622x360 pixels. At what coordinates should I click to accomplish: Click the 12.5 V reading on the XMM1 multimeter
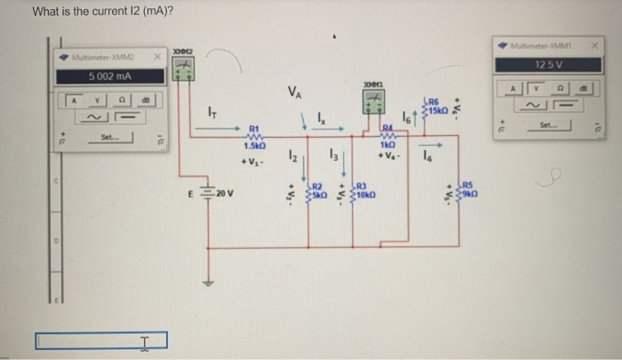[546, 65]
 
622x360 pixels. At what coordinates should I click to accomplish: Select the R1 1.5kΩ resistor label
[255, 139]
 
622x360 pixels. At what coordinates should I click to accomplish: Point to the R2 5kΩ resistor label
[317, 189]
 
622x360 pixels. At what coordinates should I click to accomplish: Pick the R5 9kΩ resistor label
[471, 189]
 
